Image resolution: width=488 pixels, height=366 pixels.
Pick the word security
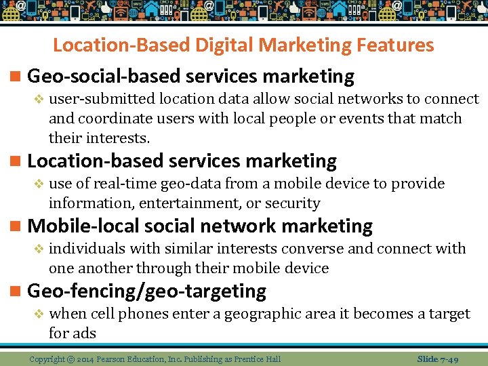pos(293,203)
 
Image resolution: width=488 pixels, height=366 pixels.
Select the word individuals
pos(87,249)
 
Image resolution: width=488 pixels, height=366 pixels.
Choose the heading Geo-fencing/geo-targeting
pos(146,291)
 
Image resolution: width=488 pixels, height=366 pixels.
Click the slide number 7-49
pos(447,359)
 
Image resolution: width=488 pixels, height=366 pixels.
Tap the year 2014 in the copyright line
pos(86,359)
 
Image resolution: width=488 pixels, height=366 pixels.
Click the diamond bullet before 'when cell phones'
pos(39,314)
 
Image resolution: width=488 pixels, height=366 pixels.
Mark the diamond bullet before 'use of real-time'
pos(39,184)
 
